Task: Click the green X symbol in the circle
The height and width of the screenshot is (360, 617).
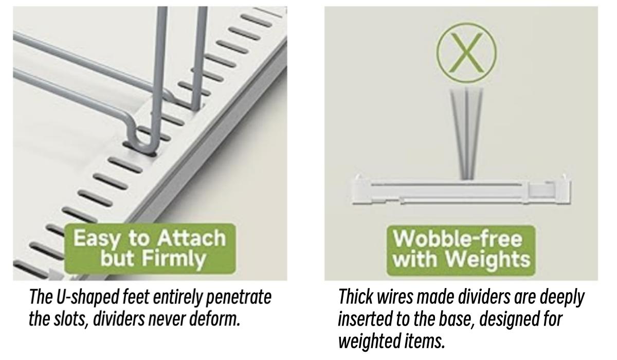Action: (x=466, y=52)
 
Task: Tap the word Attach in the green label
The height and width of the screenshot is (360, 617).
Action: (x=191, y=238)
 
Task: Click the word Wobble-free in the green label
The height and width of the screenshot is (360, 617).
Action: (x=458, y=238)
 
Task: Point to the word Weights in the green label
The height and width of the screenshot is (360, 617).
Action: (x=487, y=259)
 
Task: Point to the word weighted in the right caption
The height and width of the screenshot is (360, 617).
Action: (x=370, y=341)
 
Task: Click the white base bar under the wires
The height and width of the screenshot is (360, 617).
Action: (x=462, y=190)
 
